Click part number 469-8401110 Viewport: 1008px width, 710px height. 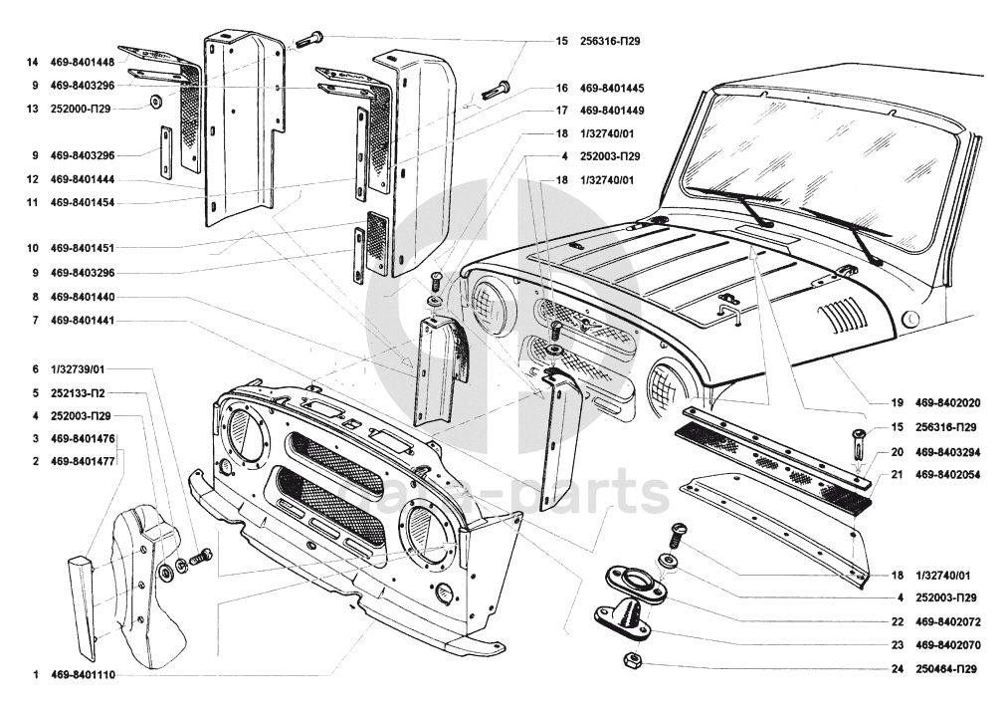[x=83, y=675]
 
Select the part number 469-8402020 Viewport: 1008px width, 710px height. [x=947, y=403]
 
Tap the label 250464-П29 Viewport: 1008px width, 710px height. [x=945, y=669]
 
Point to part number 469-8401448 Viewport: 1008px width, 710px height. [x=83, y=63]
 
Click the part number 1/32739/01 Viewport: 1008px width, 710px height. [x=78, y=369]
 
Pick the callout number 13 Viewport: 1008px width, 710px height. [x=32, y=109]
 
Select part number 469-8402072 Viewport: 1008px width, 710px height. [x=947, y=622]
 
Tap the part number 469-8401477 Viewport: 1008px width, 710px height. [x=83, y=461]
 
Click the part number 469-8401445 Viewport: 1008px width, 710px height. [x=611, y=88]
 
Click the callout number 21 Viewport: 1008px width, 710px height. [x=897, y=475]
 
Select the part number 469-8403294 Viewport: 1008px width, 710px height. [x=947, y=452]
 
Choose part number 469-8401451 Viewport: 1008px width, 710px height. [x=83, y=248]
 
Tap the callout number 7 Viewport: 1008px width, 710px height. [x=36, y=321]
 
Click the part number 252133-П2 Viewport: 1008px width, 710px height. [x=78, y=393]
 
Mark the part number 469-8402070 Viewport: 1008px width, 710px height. [x=947, y=645]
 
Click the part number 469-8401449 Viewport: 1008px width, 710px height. [x=611, y=111]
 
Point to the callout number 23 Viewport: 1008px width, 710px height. [x=897, y=645]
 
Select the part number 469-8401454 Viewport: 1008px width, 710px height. [x=83, y=202]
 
